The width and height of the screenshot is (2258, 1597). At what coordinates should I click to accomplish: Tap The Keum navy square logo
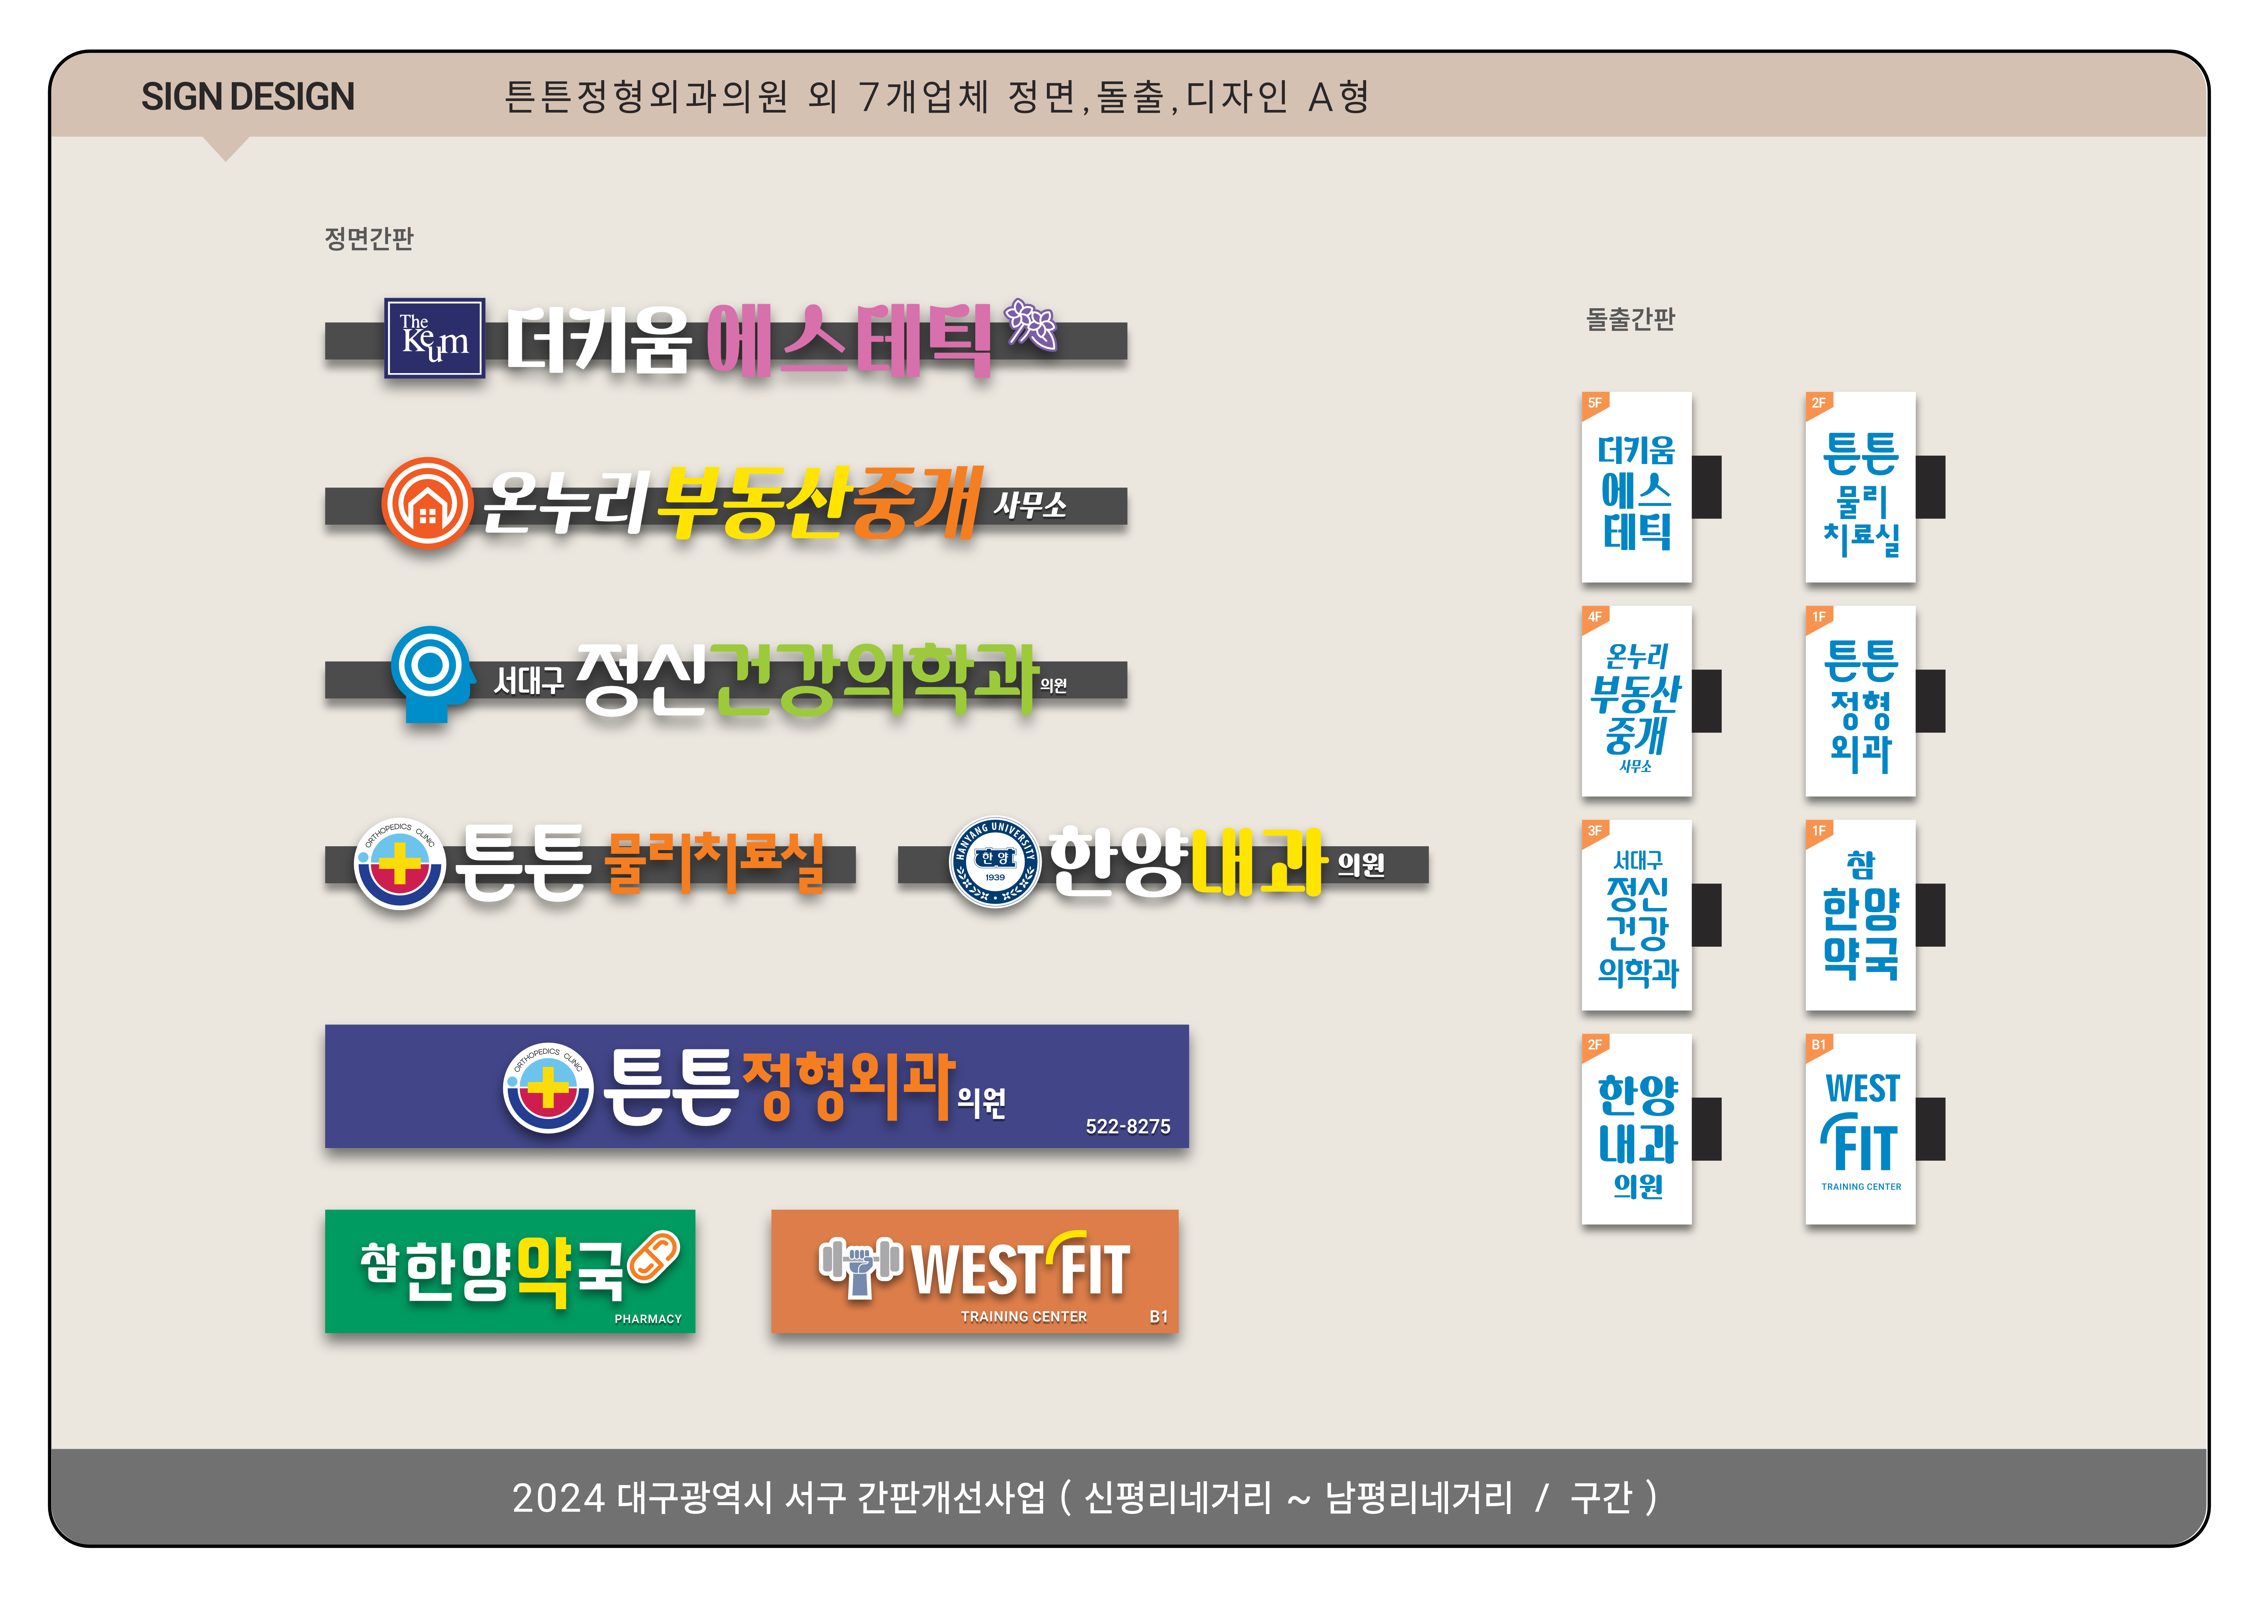[x=434, y=338]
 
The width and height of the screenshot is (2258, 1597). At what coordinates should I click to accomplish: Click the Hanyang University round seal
[x=994, y=862]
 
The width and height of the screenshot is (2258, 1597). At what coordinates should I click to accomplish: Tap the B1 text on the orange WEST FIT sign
[x=1159, y=1317]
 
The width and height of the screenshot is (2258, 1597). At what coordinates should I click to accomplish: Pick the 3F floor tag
[x=1594, y=831]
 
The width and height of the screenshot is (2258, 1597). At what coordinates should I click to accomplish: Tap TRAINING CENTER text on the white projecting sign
[x=1861, y=1187]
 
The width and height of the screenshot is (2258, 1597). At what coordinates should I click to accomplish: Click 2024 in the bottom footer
[x=558, y=1498]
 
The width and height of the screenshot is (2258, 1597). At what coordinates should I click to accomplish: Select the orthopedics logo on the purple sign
[x=548, y=1088]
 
